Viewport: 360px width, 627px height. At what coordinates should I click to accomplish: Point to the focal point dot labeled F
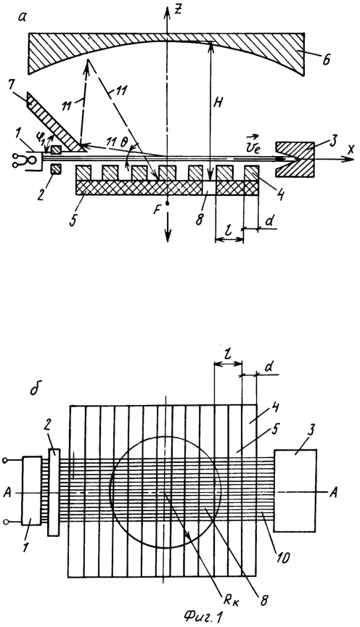click(168, 203)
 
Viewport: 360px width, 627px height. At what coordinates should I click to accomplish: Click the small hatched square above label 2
click(56, 149)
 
